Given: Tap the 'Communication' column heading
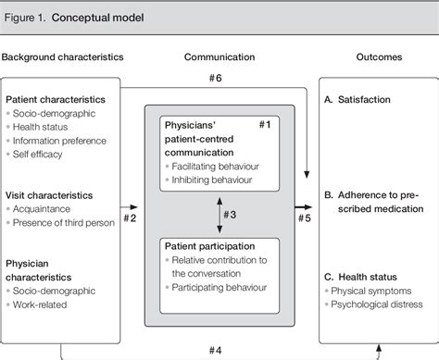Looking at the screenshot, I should tap(219, 58).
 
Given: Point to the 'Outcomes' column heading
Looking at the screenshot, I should tap(379, 58).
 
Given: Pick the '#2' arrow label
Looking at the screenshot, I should tap(132, 218).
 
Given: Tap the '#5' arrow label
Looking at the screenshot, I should tap(304, 218).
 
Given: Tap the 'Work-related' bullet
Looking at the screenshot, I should tap(45, 305).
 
